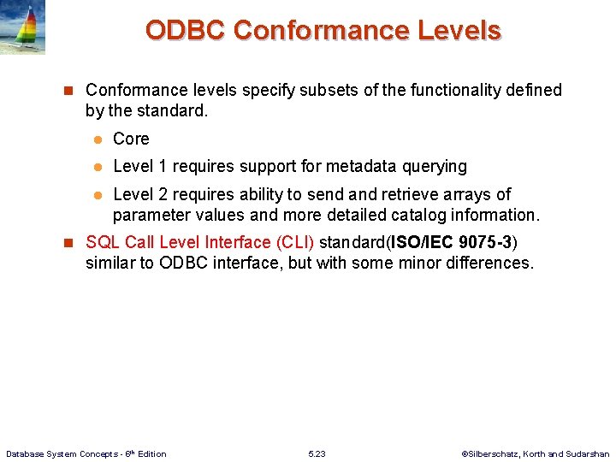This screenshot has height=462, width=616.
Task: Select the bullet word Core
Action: [x=131, y=139]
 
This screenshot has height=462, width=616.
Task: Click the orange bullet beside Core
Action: [x=98, y=139]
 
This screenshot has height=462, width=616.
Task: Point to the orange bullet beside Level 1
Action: [x=98, y=167]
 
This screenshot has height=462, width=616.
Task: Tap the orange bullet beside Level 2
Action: [x=98, y=195]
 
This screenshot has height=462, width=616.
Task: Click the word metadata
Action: [x=337, y=166]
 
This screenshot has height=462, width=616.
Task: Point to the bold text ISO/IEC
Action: [x=423, y=242]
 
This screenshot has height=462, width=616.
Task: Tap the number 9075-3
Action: [x=485, y=242]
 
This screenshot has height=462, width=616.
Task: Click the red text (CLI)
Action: [x=292, y=242]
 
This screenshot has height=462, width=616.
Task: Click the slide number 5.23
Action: [x=317, y=453]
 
